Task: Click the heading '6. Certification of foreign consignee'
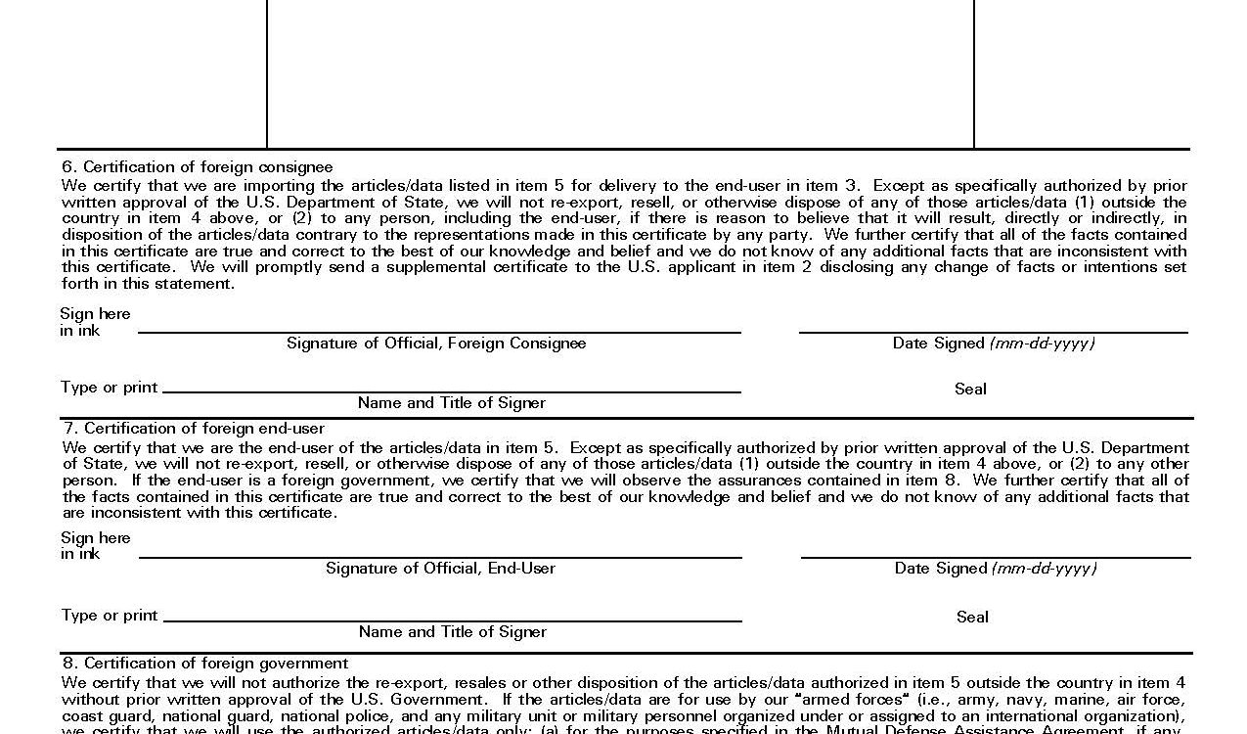[198, 167]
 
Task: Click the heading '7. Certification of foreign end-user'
[194, 429]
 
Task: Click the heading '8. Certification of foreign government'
[205, 664]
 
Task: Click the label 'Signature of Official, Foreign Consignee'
[436, 344]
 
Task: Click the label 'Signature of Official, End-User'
[440, 569]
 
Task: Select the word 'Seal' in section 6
[970, 390]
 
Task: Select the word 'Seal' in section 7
[972, 618]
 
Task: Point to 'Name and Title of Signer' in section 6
[452, 403]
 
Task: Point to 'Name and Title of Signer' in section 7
[453, 632]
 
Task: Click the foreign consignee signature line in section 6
[439, 332]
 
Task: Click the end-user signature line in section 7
[440, 557]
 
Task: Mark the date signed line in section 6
[993, 332]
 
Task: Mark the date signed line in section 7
[996, 557]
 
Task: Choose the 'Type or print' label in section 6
[109, 388]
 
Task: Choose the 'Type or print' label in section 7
[110, 616]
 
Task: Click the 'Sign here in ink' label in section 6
[95, 322]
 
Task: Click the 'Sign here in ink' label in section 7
[95, 546]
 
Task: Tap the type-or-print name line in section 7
[452, 620]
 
